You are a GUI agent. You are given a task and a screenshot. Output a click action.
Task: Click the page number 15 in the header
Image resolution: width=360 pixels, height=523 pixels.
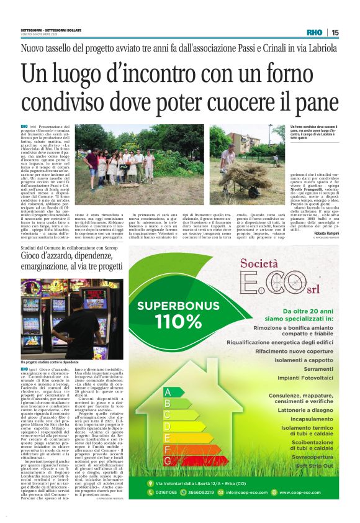pos(335,32)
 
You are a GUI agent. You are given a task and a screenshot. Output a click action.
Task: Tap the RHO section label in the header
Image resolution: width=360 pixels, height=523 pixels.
pos(315,32)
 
